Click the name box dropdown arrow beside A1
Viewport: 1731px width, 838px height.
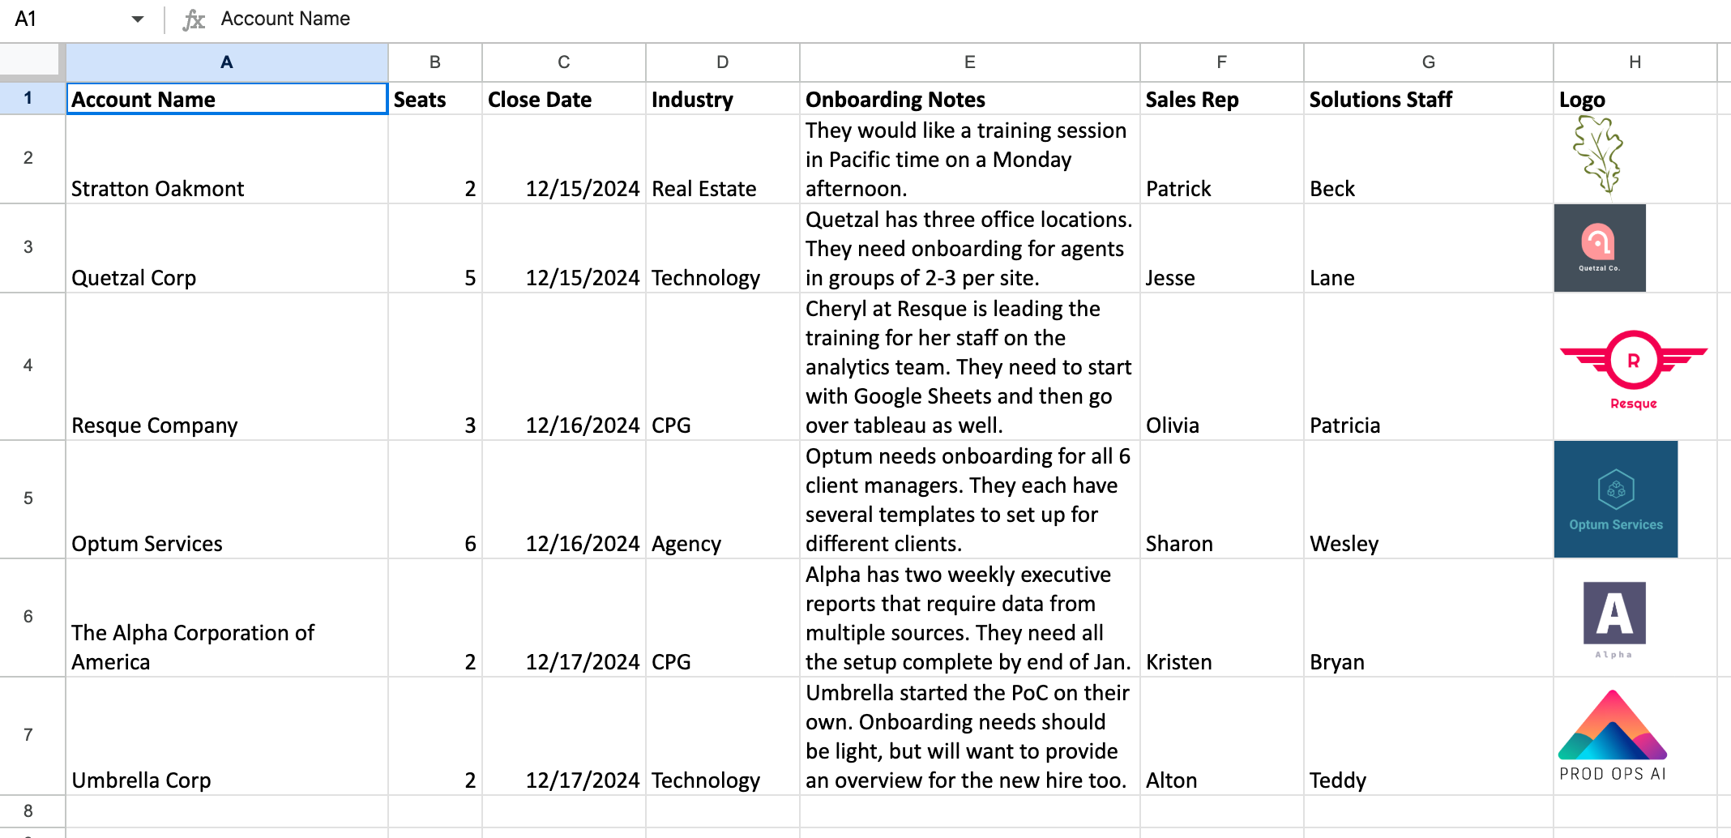pyautogui.click(x=137, y=19)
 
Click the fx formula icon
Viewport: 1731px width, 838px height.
pyautogui.click(x=194, y=19)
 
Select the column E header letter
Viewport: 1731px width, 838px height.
pyautogui.click(x=969, y=62)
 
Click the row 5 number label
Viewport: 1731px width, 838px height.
pyautogui.click(x=28, y=498)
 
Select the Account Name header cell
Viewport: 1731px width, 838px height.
pyautogui.click(x=226, y=100)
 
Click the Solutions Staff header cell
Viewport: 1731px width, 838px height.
pyautogui.click(x=1380, y=100)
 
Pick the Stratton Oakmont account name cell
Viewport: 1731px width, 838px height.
pyautogui.click(x=158, y=189)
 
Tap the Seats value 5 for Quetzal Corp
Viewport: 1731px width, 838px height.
pyautogui.click(x=469, y=278)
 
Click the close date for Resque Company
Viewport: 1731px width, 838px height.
pyautogui.click(x=582, y=425)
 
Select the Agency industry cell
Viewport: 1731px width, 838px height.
pyautogui.click(x=686, y=544)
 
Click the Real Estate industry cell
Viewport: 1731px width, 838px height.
pyautogui.click(x=703, y=189)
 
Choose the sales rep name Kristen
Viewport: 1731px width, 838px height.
pyautogui.click(x=1178, y=662)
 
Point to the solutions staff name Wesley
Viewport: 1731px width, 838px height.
pyautogui.click(x=1344, y=544)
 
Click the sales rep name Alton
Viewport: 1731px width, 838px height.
pyautogui.click(x=1171, y=780)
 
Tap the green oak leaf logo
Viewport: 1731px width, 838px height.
pyautogui.click(x=1598, y=156)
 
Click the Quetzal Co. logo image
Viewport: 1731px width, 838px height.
pyautogui.click(x=1599, y=248)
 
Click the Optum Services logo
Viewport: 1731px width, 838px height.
pyautogui.click(x=1615, y=499)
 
